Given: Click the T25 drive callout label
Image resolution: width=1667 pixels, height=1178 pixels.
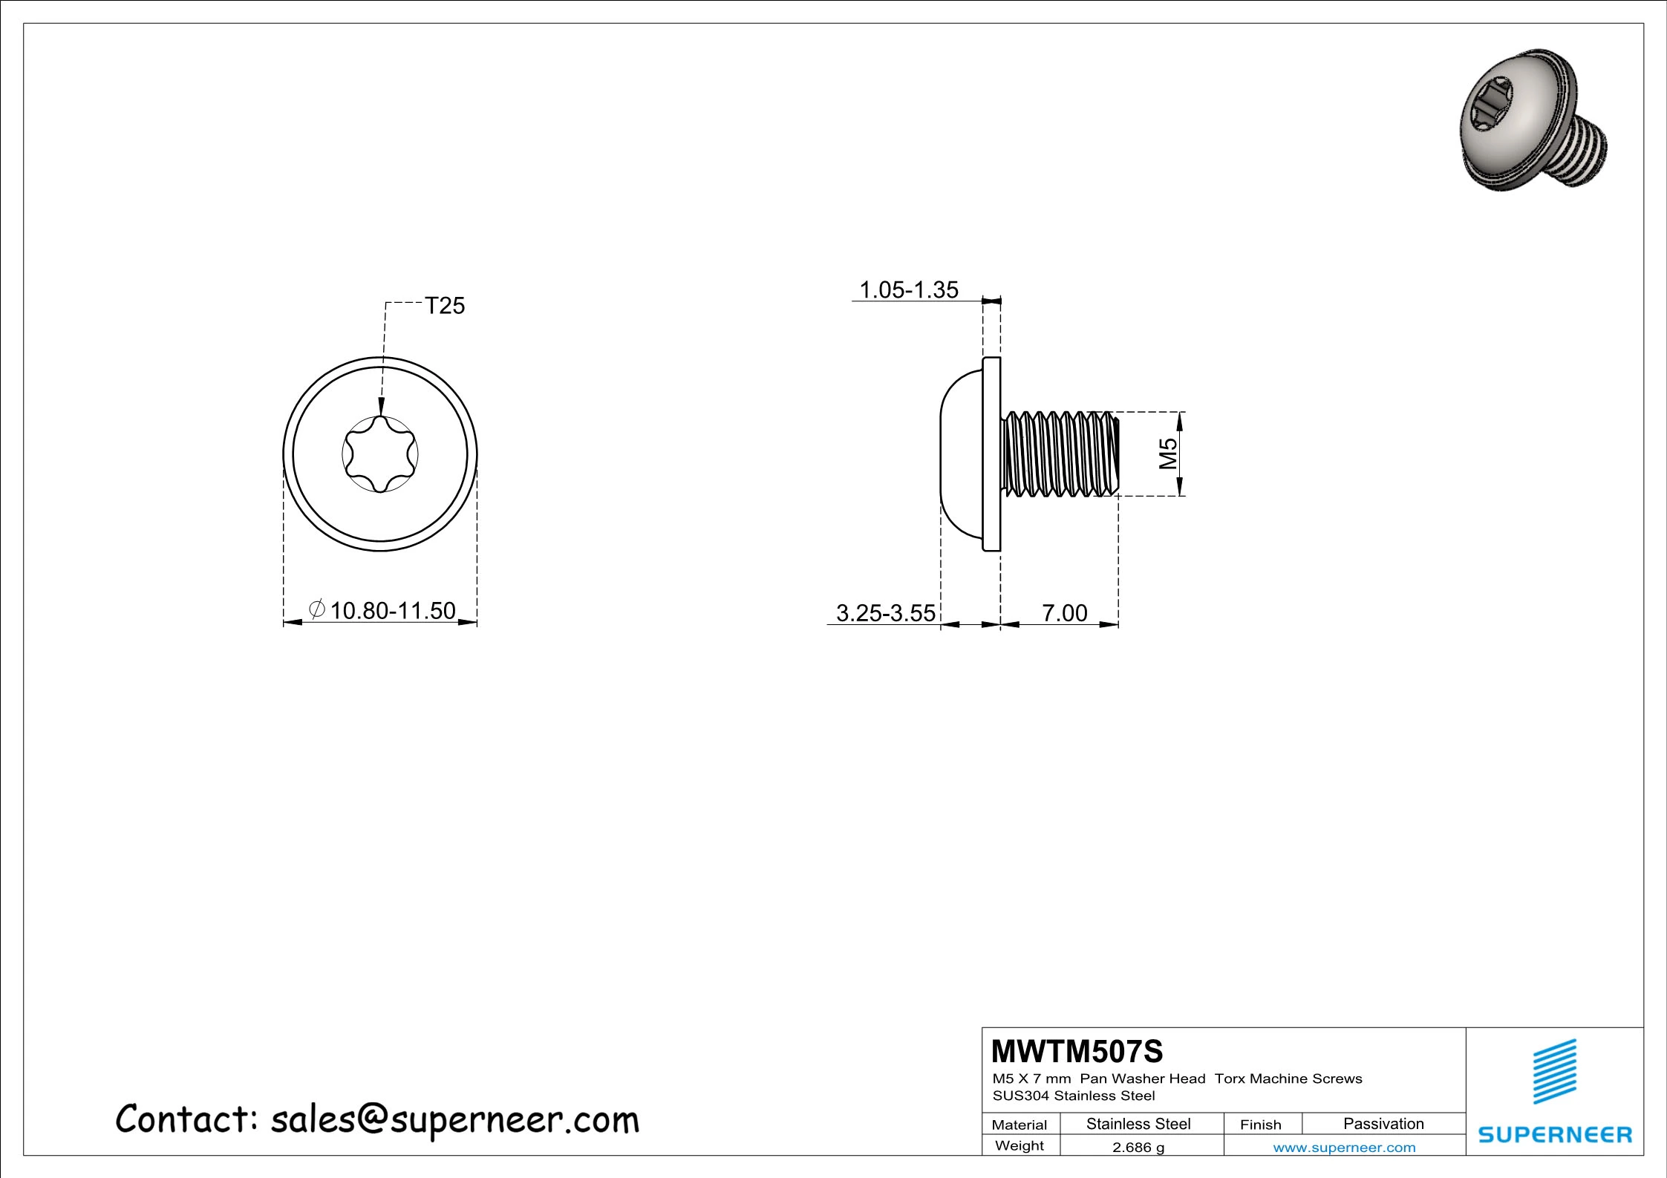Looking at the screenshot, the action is click(444, 306).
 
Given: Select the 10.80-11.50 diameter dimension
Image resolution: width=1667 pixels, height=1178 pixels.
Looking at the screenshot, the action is click(392, 611).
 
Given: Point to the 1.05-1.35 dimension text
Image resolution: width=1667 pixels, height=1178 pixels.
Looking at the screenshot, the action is click(909, 289).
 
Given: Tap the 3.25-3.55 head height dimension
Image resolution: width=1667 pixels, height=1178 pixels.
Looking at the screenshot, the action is click(886, 613).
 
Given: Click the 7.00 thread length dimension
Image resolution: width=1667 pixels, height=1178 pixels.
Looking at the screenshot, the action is click(1065, 613).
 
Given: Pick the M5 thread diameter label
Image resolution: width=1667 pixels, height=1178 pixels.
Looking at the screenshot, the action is click(1169, 454).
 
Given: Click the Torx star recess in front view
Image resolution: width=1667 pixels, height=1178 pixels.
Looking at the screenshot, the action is click(380, 454).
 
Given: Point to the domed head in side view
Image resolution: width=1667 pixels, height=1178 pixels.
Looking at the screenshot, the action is click(962, 454).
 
